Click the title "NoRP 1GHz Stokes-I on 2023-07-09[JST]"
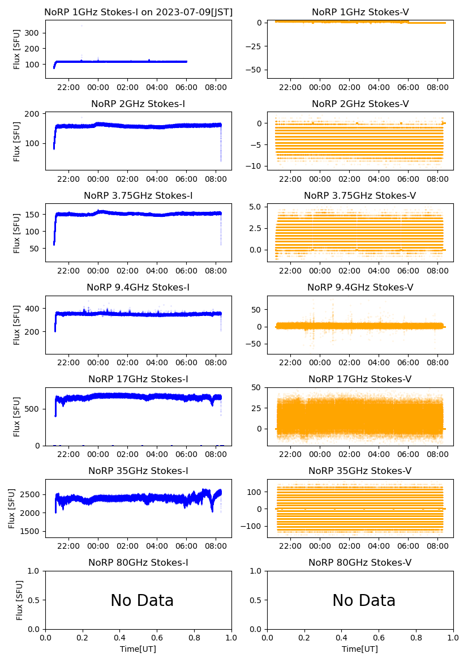click(138, 12)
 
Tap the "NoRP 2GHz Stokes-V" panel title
click(360, 104)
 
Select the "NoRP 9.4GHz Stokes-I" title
click(138, 287)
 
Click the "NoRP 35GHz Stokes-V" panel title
click(360, 471)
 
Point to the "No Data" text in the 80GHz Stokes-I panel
click(142, 600)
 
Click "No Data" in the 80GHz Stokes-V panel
click(364, 600)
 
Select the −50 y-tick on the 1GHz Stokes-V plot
click(256, 70)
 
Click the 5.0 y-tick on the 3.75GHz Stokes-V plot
click(257, 207)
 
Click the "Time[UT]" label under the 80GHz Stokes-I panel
click(138, 649)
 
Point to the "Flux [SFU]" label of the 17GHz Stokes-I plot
click(17, 416)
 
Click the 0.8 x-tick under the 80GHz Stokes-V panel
click(417, 638)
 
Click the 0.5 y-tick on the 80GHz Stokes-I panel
click(35, 600)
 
